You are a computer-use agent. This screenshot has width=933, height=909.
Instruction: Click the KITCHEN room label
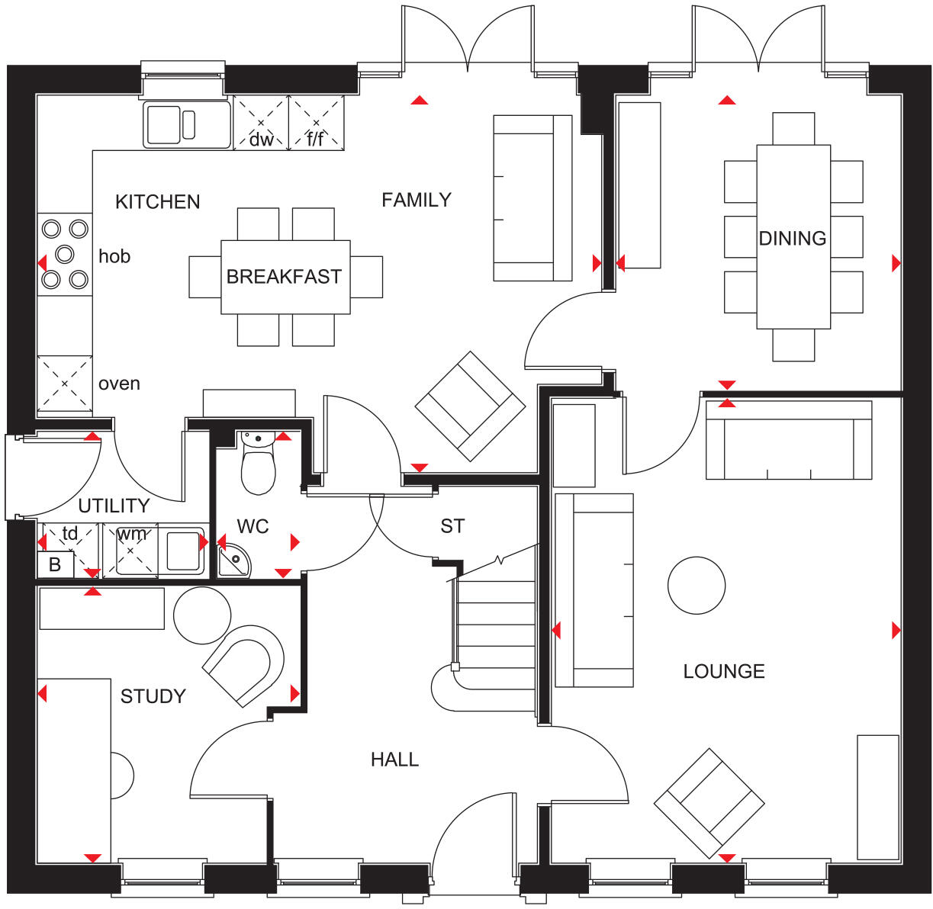[157, 202]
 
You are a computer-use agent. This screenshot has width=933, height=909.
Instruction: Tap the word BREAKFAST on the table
[284, 277]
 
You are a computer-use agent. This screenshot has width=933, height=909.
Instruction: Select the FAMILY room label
[417, 200]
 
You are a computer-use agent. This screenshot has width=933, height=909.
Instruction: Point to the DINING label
[793, 239]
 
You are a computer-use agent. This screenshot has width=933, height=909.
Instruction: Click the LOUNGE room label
[724, 671]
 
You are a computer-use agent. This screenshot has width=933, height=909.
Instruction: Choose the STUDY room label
[153, 696]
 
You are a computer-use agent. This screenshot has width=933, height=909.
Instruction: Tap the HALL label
[394, 760]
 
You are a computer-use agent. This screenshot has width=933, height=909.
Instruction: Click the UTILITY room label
[114, 506]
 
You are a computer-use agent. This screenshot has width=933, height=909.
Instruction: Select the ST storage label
[452, 526]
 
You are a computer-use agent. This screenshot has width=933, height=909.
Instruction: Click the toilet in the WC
[258, 465]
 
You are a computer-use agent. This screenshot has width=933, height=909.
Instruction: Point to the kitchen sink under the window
[186, 124]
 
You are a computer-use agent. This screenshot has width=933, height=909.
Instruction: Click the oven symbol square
[65, 384]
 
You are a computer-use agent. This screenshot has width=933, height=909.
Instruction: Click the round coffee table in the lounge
[696, 585]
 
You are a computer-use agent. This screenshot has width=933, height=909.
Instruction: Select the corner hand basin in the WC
[232, 561]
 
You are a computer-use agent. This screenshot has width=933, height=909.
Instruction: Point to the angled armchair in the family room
[470, 406]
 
